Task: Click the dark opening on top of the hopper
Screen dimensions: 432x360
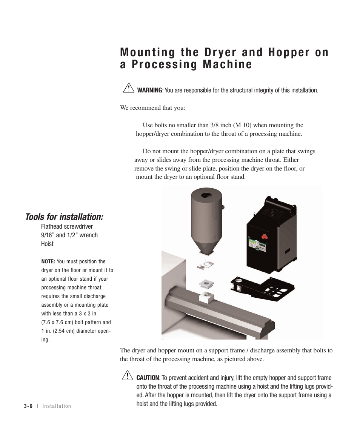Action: click(206, 195)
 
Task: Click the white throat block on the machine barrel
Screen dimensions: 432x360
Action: click(205, 298)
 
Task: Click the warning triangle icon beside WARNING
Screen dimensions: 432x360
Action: click(128, 89)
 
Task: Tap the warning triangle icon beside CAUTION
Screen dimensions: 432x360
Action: click(128, 376)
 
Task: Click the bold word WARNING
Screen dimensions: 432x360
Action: click(149, 91)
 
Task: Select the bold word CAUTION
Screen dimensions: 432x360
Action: click(148, 378)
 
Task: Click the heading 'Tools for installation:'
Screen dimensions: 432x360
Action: click(64, 217)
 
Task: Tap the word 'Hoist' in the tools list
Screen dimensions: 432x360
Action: click(47, 244)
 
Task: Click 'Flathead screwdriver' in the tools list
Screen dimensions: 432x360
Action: click(67, 226)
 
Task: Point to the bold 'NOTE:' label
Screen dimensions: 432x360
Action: click(48, 261)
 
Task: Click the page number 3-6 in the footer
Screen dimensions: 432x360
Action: click(28, 406)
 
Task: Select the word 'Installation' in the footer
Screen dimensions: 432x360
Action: click(57, 406)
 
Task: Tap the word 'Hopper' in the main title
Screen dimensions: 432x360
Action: click(288, 52)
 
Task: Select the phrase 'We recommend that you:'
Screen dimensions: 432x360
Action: click(152, 108)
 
